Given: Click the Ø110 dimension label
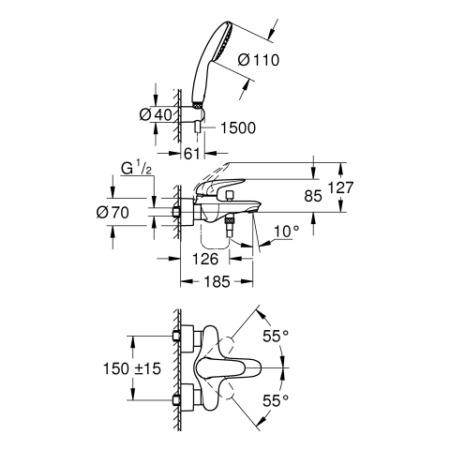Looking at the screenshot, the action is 258,60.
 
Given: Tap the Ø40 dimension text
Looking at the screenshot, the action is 156,114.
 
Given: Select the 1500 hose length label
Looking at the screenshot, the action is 238,127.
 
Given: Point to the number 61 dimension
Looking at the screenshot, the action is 192,154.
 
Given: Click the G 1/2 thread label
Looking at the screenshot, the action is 137,169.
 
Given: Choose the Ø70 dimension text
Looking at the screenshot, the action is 112,213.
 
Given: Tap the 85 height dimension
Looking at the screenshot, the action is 313,196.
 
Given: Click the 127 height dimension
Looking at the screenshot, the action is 340,187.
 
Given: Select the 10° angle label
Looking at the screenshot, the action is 286,232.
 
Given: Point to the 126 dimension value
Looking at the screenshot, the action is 205,259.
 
